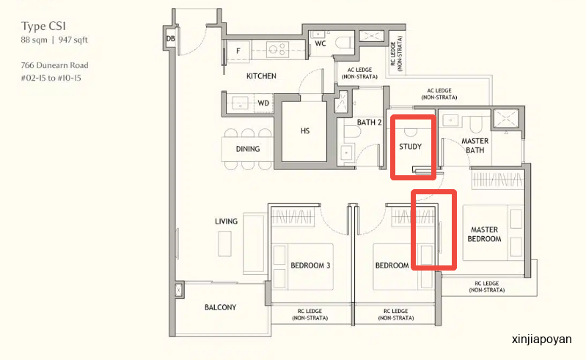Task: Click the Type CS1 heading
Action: coord(43,26)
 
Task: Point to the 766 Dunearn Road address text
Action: coord(54,65)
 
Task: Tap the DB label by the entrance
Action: coord(170,38)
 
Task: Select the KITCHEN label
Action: coord(261,76)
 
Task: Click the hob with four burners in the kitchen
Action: coord(277,49)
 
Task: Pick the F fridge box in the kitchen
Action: coord(238,51)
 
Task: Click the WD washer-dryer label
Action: coord(263,103)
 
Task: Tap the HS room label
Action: coord(305,131)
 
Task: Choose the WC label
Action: coord(321,44)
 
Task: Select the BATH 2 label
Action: coord(369,122)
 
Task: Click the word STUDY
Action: coord(410,147)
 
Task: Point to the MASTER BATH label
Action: coord(475,146)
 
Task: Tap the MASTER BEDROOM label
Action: coord(484,234)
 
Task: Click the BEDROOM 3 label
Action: coord(310,265)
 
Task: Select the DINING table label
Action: coord(248,149)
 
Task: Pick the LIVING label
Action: coord(226,221)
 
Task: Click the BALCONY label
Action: coord(220,307)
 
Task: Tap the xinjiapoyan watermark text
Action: coord(541,339)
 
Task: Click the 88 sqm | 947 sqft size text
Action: coord(54,40)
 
